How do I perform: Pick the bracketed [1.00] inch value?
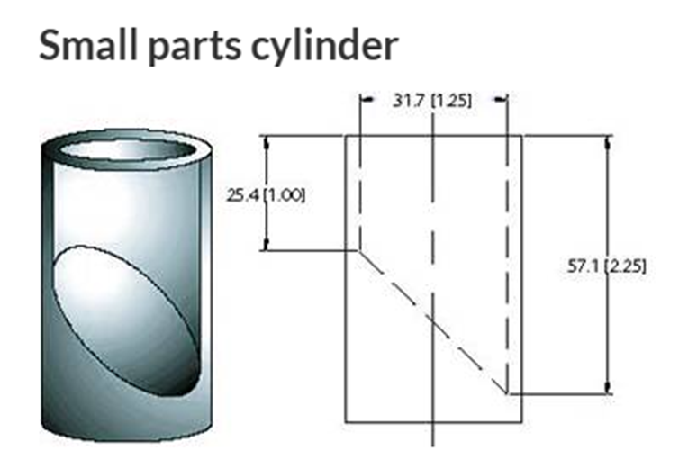pyautogui.click(x=284, y=195)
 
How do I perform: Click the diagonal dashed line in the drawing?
pyautogui.click(x=432, y=321)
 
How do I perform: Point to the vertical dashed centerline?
pyautogui.click(x=434, y=225)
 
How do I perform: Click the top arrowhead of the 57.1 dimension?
pyautogui.click(x=609, y=140)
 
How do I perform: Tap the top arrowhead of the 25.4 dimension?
pyautogui.click(x=266, y=141)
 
